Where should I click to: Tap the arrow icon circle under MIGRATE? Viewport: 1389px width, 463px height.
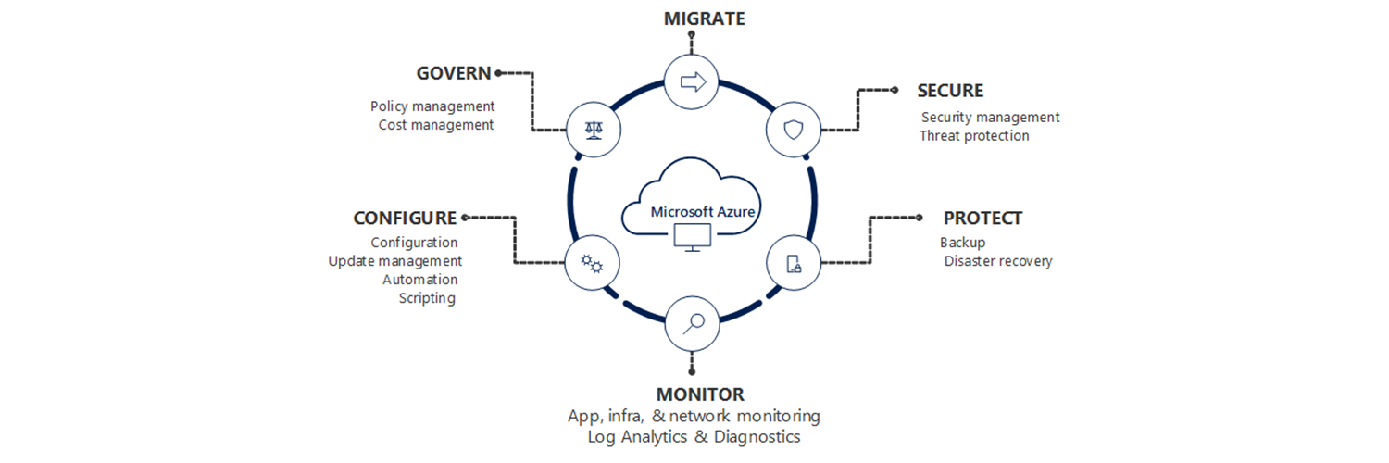(693, 82)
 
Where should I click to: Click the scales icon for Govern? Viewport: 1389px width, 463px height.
(593, 131)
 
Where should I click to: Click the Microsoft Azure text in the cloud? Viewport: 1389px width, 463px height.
(703, 211)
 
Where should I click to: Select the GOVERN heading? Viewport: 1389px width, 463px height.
(454, 73)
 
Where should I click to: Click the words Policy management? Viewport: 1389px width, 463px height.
(432, 106)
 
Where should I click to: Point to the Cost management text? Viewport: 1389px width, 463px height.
(436, 125)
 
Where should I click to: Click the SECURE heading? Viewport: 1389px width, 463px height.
(950, 91)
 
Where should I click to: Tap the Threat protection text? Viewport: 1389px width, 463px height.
(974, 136)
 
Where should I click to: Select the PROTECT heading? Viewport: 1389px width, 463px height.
(982, 219)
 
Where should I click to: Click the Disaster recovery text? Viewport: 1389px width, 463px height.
(998, 261)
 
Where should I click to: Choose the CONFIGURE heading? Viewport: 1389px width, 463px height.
(405, 219)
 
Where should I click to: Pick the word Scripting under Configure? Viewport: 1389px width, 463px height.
(427, 298)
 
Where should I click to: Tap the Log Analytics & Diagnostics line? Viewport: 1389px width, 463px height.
(694, 436)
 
